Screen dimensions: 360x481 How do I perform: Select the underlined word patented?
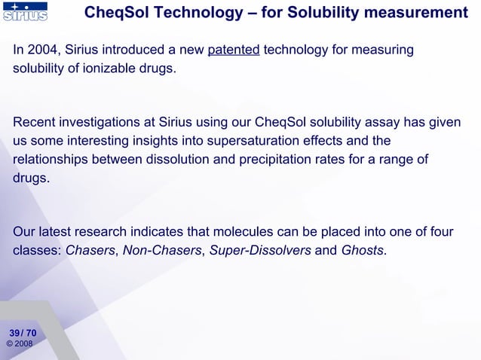(234, 50)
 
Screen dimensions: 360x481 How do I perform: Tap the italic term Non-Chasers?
(162, 251)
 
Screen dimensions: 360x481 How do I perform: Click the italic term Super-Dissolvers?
(259, 251)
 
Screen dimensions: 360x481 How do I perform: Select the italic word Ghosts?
(363, 251)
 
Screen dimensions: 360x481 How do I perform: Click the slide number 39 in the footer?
(14, 332)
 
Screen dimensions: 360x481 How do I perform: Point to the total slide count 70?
(31, 332)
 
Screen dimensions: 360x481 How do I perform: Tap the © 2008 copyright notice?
(20, 344)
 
